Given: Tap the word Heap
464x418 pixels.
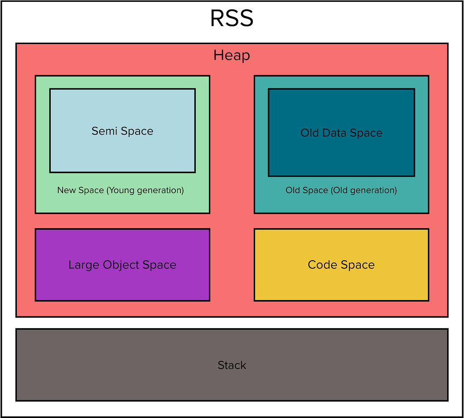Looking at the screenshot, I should pyautogui.click(x=232, y=55).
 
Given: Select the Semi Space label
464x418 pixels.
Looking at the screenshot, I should pyautogui.click(x=122, y=131).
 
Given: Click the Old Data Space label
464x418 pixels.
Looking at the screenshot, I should pyautogui.click(x=341, y=133).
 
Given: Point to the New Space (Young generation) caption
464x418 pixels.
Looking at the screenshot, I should pyautogui.click(x=121, y=190).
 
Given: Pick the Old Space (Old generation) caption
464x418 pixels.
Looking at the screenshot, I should pyautogui.click(x=341, y=190).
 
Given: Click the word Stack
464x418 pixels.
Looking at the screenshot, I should pyautogui.click(x=232, y=365).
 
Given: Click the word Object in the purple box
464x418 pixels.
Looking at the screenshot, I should pyautogui.click(x=121, y=265).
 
